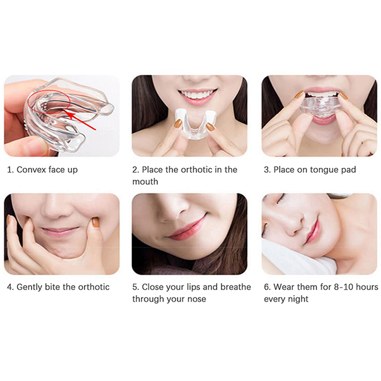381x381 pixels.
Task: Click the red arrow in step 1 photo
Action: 80,120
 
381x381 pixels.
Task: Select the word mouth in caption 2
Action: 145,181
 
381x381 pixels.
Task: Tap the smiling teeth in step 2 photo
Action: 197,94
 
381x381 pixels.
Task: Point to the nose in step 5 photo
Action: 172,211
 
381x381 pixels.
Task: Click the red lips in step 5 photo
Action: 188,228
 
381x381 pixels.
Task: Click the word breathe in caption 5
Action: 236,287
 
